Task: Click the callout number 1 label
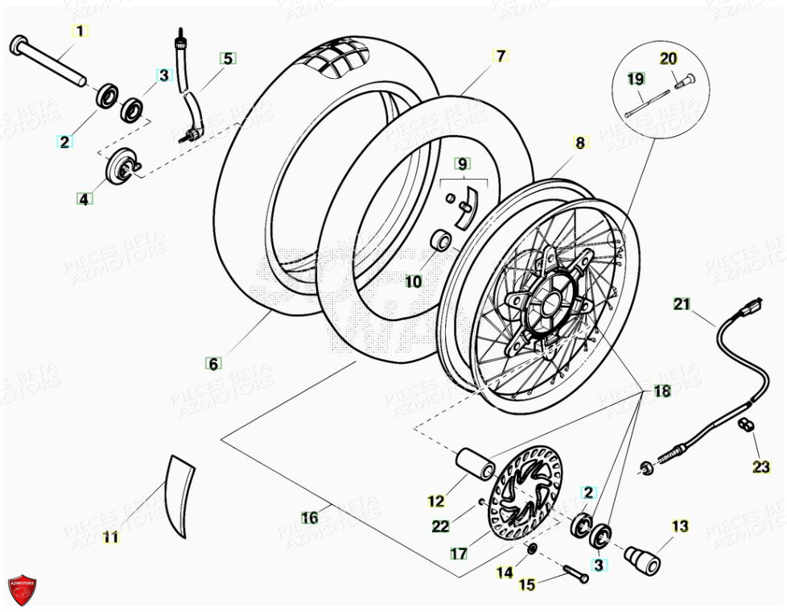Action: coord(79,31)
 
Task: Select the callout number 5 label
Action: coord(228,58)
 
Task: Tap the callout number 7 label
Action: coord(500,56)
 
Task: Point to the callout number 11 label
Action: coord(111,537)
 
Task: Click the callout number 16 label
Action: coord(310,518)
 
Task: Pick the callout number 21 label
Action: coord(682,304)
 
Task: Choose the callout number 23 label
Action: coord(761,466)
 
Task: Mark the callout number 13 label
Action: coord(680,527)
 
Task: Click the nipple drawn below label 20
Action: coord(684,81)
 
